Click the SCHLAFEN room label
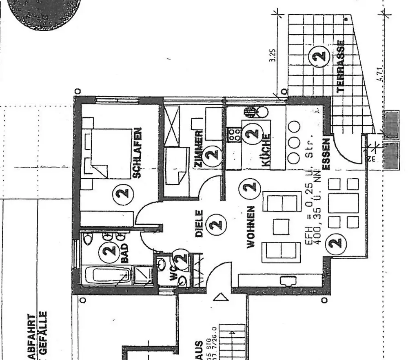(137, 153)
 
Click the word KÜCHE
(265, 151)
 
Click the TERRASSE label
(341, 65)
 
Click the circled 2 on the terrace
(320, 55)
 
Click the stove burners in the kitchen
(234, 134)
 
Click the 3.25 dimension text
(273, 55)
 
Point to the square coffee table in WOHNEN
(281, 226)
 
